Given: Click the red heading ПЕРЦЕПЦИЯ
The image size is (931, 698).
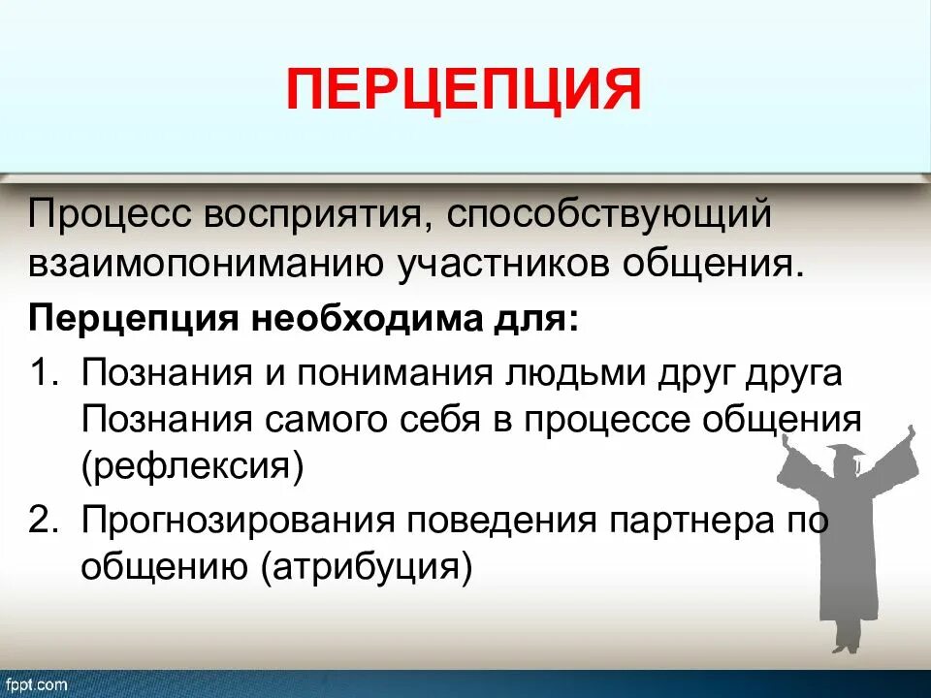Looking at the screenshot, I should point(464,89).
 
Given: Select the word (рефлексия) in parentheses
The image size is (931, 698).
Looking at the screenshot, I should point(193,468).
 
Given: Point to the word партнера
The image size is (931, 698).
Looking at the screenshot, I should point(690,521).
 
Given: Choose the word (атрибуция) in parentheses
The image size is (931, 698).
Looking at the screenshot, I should point(367,567).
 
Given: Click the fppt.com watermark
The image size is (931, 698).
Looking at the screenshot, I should point(35,684).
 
